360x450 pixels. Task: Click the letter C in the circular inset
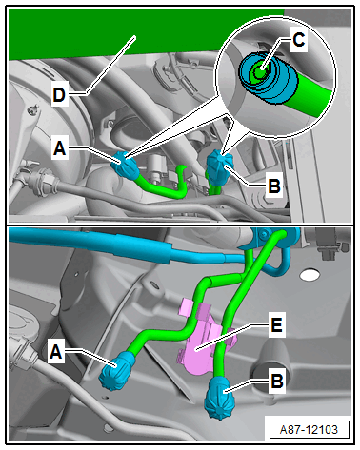(x=298, y=40)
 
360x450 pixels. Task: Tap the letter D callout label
(x=59, y=94)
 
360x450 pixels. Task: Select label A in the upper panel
(x=60, y=147)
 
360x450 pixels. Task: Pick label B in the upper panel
(x=274, y=186)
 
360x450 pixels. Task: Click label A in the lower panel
(x=56, y=352)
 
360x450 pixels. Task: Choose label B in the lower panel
(x=277, y=381)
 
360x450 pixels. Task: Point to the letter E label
(x=276, y=324)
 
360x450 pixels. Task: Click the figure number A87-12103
(x=309, y=430)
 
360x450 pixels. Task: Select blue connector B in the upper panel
(x=218, y=169)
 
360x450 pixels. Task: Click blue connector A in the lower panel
(x=117, y=370)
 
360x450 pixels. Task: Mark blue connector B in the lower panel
(x=221, y=396)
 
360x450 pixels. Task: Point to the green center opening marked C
(x=260, y=71)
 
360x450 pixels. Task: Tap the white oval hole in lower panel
(x=309, y=275)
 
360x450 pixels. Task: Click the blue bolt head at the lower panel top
(x=263, y=234)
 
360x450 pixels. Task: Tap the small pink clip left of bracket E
(x=187, y=307)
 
